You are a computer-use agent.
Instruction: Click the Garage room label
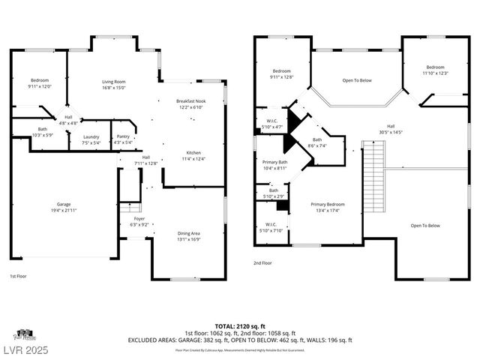point(64,206)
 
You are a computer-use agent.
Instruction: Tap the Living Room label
point(114,84)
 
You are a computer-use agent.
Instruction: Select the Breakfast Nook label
point(191,104)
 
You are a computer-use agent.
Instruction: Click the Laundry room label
point(91,139)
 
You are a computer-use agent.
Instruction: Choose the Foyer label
point(140,223)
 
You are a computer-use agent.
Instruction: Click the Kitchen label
point(193,155)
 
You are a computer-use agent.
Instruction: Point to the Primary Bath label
point(274,165)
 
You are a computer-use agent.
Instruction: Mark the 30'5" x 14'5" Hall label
point(391,129)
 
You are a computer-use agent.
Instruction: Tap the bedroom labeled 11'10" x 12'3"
point(435,70)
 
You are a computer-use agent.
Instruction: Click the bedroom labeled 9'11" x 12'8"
point(282,73)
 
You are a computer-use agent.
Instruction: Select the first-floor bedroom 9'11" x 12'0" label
point(40,83)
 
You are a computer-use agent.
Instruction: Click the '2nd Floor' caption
point(262,263)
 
